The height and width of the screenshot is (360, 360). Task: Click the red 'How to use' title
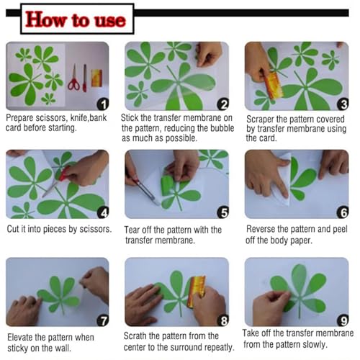tap(76, 19)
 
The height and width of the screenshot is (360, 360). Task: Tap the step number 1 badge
tap(103, 104)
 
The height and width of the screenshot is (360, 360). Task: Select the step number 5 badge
tap(223, 212)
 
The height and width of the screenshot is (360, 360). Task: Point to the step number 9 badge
tap(343, 320)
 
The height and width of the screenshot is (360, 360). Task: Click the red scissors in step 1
tap(73, 78)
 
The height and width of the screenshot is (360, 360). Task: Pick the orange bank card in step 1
tap(96, 78)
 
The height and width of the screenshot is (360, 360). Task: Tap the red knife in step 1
tap(85, 78)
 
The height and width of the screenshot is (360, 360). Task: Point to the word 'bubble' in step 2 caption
tap(222, 128)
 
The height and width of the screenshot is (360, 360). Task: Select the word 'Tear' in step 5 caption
tap(131, 230)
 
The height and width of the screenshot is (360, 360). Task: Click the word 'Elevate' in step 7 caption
tap(20, 338)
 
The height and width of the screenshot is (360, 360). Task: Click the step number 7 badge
tap(103, 320)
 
